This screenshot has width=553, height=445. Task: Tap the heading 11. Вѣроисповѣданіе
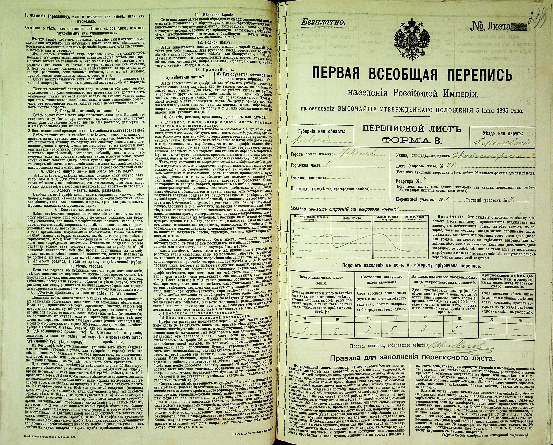pos(214,15)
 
